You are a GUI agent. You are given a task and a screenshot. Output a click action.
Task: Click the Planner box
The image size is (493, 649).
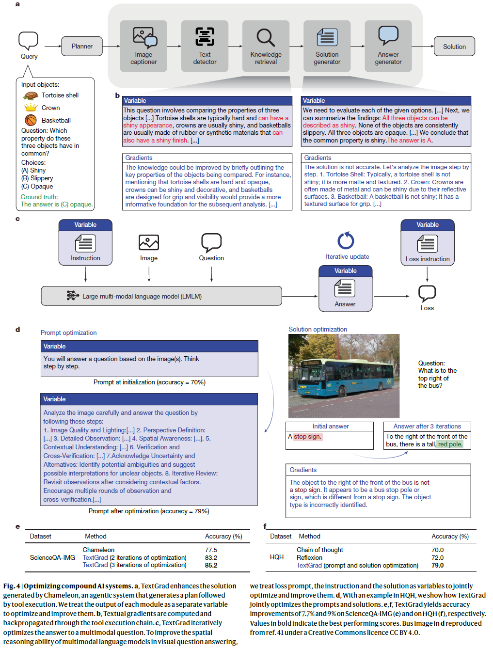point(82,47)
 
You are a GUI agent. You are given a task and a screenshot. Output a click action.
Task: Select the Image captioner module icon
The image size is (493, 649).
point(143,37)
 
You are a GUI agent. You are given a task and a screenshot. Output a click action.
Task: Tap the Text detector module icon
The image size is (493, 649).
point(205,37)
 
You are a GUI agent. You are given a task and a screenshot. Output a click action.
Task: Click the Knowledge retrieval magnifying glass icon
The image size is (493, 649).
point(266,37)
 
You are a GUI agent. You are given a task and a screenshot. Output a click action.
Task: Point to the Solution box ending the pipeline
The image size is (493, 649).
point(454,47)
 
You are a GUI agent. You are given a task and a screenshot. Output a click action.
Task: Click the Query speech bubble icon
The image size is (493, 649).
point(28,40)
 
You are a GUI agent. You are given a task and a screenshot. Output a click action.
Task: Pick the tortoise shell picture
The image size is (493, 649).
point(31,95)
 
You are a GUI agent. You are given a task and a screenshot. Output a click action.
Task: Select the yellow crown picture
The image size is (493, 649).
point(31,107)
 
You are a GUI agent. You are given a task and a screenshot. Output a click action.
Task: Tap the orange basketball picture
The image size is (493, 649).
point(31,120)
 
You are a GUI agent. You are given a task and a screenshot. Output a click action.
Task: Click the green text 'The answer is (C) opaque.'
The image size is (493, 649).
point(56,205)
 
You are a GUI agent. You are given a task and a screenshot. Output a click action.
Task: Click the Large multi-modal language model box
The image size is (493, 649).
point(161,296)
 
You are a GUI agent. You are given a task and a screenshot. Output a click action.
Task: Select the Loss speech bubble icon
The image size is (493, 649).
point(427,293)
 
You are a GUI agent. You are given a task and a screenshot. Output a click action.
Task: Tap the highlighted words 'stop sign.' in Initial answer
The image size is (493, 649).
point(307,437)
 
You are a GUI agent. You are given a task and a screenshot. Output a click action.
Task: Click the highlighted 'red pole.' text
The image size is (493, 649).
point(450,444)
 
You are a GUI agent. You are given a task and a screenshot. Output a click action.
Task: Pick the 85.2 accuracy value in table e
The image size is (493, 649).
point(211,565)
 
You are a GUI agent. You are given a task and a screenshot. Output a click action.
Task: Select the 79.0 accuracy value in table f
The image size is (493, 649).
point(438,565)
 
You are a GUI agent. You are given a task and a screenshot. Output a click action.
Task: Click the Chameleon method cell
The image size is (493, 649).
point(98,550)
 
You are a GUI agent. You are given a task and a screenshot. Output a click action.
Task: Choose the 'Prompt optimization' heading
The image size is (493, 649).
point(68,333)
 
